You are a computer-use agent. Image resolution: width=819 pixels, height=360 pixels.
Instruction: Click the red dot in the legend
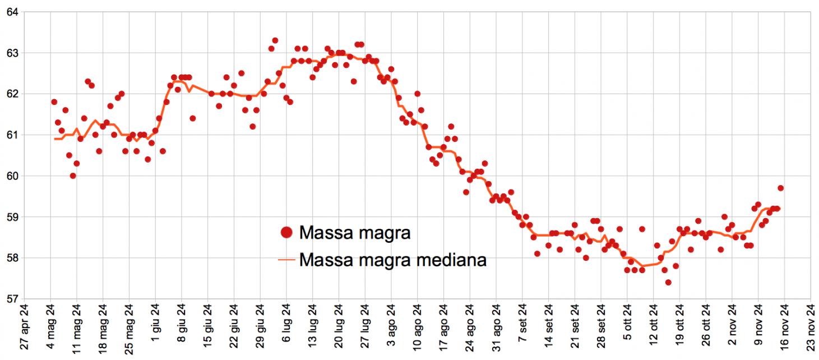pos(286,232)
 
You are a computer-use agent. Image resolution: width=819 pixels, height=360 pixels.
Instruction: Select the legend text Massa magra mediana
pos(392,260)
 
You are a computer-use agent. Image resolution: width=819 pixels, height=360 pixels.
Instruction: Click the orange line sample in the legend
pos(286,260)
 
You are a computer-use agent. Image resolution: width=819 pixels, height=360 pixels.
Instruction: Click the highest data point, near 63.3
pos(275,40)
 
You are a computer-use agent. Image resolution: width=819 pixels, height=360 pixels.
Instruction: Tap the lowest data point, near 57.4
pos(668,282)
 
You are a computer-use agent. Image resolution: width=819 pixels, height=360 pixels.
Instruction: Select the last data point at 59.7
pos(780,188)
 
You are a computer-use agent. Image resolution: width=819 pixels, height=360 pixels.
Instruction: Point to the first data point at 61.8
pos(54,102)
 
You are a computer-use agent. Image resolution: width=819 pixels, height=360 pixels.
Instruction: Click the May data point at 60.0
pos(73,176)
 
